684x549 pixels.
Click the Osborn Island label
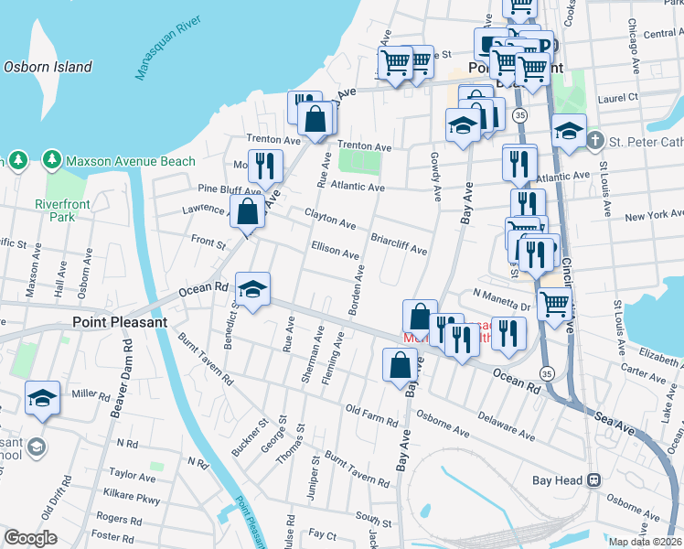point(48,67)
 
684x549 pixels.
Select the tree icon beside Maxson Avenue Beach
point(51,161)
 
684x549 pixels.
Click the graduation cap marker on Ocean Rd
point(253,289)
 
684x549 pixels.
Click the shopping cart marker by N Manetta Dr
point(554,303)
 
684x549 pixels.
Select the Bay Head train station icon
point(593,479)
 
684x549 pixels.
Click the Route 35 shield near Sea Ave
point(546,373)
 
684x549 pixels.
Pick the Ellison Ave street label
point(336,250)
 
